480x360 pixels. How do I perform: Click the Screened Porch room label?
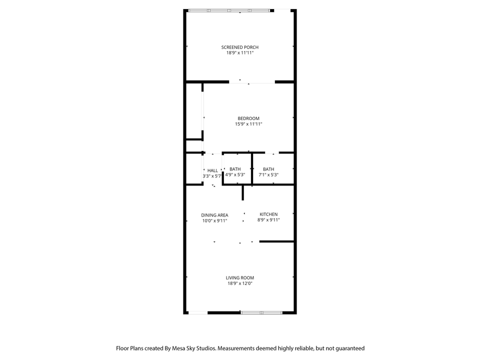(239, 47)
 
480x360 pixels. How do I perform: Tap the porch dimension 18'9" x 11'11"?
(239, 52)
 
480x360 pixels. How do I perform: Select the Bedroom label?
(248, 118)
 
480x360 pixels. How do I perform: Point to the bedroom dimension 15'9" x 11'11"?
(248, 124)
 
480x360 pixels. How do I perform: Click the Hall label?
(212, 170)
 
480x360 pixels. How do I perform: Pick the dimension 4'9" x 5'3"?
(235, 175)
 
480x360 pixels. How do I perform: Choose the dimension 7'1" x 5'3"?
(268, 175)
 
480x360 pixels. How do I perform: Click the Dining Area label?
(214, 215)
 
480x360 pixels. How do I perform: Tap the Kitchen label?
(268, 214)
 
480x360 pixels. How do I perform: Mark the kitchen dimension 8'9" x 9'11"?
(268, 220)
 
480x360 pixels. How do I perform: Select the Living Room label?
(239, 278)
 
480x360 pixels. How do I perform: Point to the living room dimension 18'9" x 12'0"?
(239, 283)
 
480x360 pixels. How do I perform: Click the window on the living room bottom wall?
(261, 312)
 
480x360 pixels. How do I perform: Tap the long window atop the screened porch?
(229, 10)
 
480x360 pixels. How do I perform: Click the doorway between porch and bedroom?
(252, 82)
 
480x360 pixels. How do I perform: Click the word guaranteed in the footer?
(350, 348)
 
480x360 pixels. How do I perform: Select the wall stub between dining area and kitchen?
(243, 192)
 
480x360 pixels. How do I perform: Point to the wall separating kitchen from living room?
(276, 241)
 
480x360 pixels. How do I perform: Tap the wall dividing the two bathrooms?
(252, 168)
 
